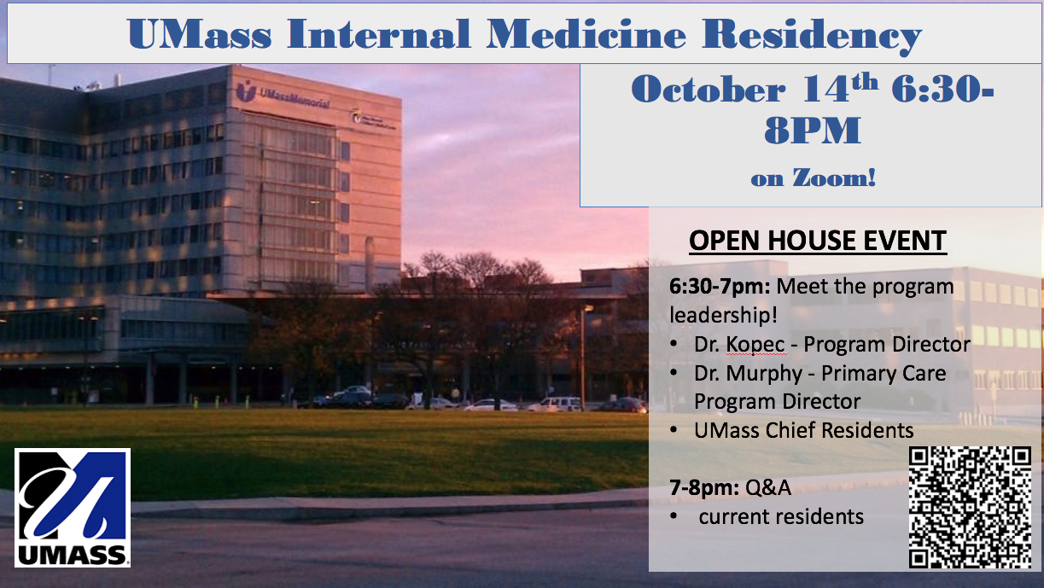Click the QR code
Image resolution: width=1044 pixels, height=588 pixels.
pos(970,507)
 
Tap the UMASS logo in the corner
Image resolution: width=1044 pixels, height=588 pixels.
pos(73,508)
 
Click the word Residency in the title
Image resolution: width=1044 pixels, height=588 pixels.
pos(812,35)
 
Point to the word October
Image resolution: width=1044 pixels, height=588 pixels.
pos(709,89)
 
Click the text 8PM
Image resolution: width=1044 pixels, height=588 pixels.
pos(813,130)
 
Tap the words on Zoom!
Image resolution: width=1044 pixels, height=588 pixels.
pos(814,178)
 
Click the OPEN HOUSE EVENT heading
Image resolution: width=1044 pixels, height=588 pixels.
pos(818,241)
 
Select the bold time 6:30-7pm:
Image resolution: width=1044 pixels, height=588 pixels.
pos(720,286)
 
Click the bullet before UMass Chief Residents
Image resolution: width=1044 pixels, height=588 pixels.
pos(674,430)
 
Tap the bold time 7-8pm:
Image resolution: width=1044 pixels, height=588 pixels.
pos(704,488)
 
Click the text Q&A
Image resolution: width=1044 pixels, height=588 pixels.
pos(768,488)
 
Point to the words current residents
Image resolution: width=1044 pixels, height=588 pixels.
pos(781,516)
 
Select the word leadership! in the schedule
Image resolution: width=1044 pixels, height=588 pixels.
pos(723,315)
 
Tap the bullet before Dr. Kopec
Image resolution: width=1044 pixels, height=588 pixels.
pos(674,344)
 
